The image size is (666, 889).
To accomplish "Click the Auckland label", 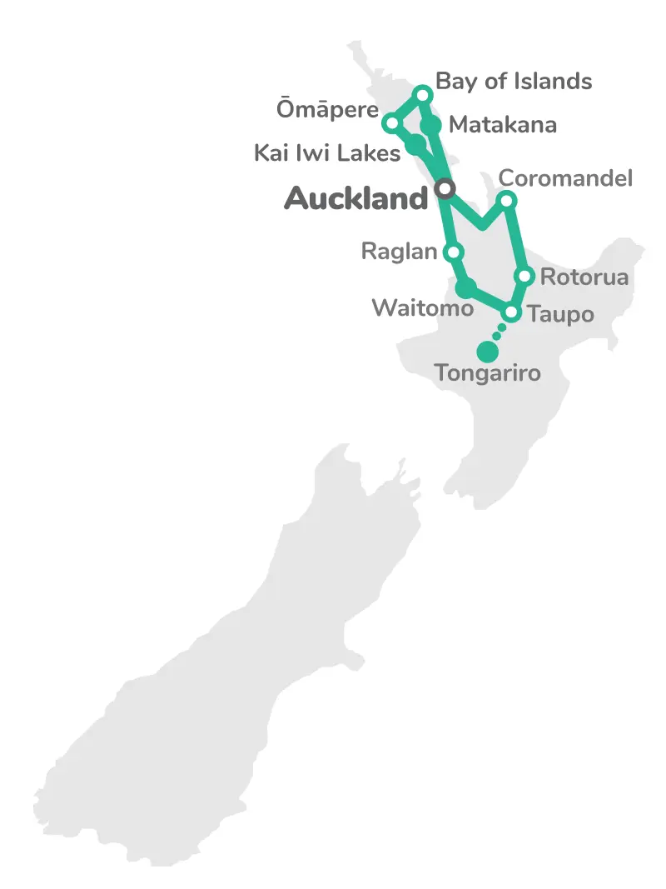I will (x=355, y=198).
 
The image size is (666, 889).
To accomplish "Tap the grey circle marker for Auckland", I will (x=445, y=189).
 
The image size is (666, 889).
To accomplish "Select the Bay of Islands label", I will (x=514, y=81).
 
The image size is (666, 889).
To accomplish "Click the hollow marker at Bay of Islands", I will (x=423, y=94).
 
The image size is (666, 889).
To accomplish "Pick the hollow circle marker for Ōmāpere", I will (x=390, y=123).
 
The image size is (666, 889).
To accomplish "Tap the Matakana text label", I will (x=502, y=125).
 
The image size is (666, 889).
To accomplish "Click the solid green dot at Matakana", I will (x=430, y=126).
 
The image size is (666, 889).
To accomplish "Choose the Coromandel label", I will (x=565, y=178).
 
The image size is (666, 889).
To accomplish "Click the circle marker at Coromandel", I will (x=506, y=200).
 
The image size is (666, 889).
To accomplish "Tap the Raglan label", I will (x=399, y=251).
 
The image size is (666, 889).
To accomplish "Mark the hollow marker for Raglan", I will (x=454, y=252).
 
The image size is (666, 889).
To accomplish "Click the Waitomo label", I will (x=422, y=307).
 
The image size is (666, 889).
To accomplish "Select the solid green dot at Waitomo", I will (x=466, y=289).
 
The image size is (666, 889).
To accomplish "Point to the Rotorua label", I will (x=584, y=277).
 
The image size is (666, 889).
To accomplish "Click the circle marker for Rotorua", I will (x=524, y=277).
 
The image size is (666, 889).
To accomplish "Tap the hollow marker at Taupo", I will (x=512, y=313).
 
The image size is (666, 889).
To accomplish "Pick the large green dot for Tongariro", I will (x=487, y=352).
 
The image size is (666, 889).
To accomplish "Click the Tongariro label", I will (x=487, y=373).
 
